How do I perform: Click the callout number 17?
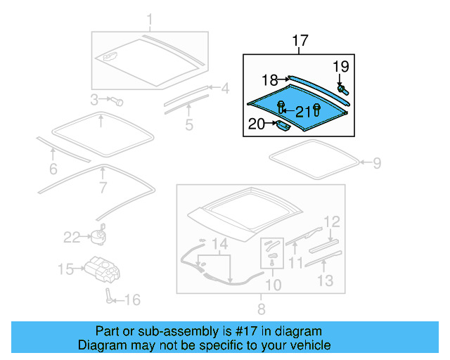coord(300,41)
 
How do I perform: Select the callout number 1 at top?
coord(149,19)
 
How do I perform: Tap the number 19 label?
coord(340,67)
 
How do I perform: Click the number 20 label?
coord(256,125)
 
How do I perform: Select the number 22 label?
coord(72,238)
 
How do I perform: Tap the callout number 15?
coord(65,269)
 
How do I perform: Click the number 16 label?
coord(131,300)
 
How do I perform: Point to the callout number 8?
coord(261,309)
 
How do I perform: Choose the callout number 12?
coord(331,221)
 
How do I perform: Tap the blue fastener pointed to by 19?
coord(345,90)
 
